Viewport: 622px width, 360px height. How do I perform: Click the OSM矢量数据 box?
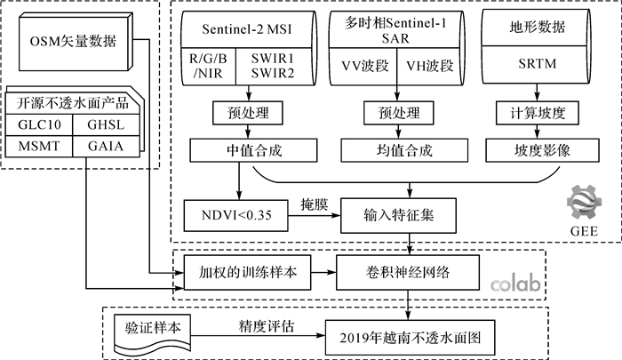tap(77, 42)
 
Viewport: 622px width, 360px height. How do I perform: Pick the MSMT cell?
tap(40, 146)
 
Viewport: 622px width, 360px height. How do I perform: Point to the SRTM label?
tap(534, 65)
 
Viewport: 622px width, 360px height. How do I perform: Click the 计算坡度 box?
tap(533, 114)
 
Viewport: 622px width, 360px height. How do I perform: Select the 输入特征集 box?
tap(396, 213)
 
